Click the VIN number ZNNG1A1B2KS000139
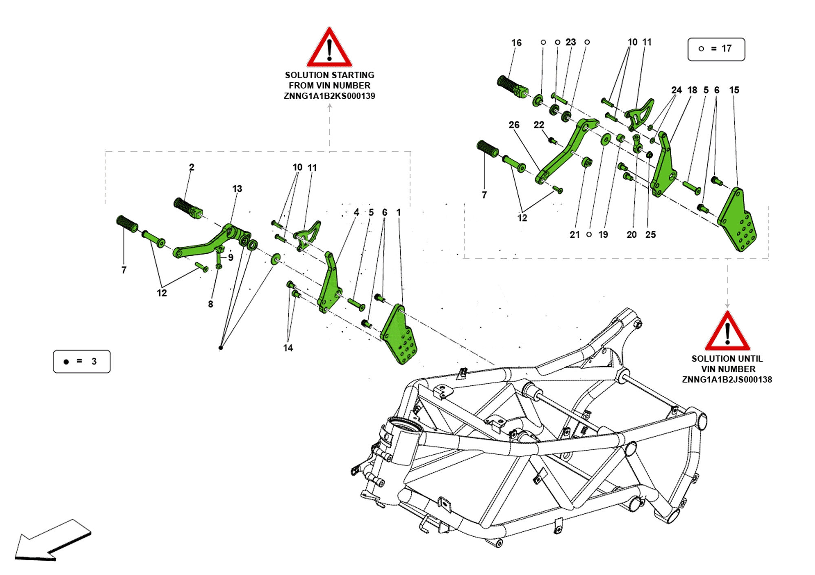[x=329, y=96]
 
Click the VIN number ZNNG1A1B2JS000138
[x=727, y=380]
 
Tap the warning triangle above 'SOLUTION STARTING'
[x=329, y=48]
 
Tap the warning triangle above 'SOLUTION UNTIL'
[x=727, y=332]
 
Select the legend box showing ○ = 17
[x=716, y=49]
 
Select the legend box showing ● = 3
[x=81, y=361]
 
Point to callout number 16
[x=516, y=43]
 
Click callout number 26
[x=514, y=125]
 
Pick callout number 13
[x=237, y=189]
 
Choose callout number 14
[x=288, y=348]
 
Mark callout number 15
[x=734, y=90]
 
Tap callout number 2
[x=192, y=167]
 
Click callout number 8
[x=210, y=304]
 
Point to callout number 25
[x=650, y=235]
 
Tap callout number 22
[x=539, y=125]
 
